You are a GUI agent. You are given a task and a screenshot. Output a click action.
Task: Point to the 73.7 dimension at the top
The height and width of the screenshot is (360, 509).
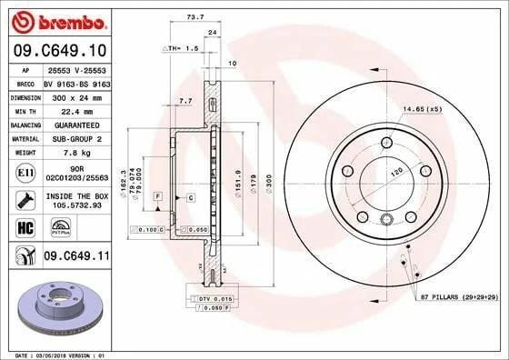[194, 17]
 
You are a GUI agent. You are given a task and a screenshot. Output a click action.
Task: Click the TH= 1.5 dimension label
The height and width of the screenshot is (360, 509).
[181, 47]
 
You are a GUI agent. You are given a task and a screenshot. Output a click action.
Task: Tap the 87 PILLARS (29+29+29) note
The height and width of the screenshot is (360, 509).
[457, 297]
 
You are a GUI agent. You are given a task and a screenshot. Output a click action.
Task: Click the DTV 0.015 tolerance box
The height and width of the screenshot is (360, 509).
[208, 298]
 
